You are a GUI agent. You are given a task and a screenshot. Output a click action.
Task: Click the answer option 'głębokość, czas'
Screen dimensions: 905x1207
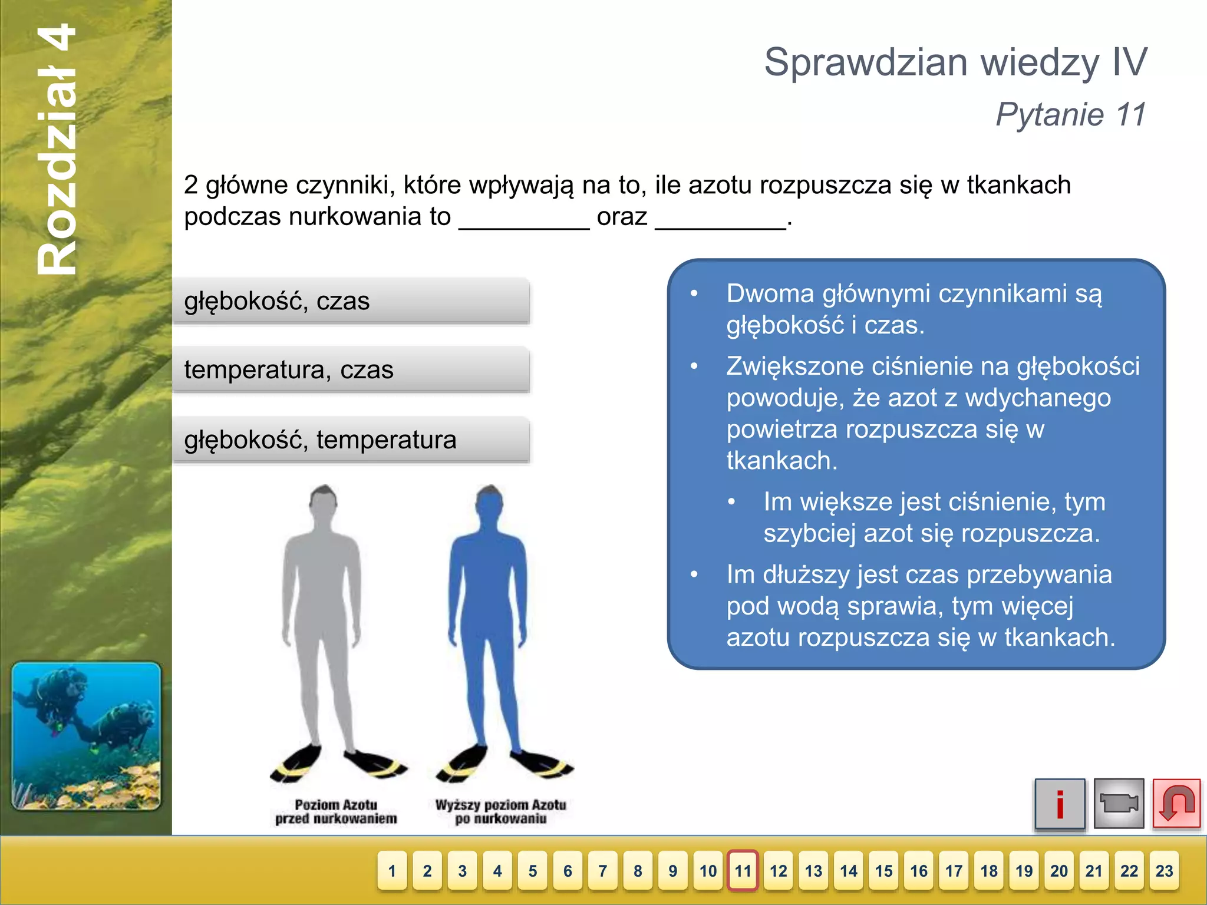pos(351,301)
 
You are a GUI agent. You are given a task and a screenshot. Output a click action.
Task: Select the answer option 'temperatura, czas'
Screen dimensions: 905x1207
pos(351,370)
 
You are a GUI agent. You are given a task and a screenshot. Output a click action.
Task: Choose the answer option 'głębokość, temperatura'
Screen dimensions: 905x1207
pos(351,440)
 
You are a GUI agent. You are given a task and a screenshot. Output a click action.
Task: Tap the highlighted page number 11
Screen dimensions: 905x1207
pos(743,871)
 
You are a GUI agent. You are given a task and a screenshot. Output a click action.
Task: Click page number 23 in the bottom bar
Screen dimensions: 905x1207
pos(1164,871)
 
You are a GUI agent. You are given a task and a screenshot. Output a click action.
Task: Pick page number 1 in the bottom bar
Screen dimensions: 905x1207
pos(393,871)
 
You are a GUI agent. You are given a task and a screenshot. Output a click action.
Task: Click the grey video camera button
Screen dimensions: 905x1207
pos(1118,804)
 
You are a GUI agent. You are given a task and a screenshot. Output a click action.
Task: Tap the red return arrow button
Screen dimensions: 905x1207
pos(1176,804)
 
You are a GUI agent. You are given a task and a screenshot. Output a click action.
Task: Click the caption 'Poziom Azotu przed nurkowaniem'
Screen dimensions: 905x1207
pos(336,812)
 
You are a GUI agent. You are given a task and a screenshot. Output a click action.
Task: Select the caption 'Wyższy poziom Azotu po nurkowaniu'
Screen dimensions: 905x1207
pos(500,812)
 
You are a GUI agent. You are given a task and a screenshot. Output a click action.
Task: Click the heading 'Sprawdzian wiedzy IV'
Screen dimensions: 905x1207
pos(955,62)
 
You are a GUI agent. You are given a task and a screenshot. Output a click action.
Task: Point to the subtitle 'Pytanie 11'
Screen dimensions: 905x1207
pos(1070,114)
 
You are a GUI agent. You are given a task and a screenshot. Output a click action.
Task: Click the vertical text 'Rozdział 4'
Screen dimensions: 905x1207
pos(57,150)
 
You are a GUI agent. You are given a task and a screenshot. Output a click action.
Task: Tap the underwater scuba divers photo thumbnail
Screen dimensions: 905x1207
pos(86,736)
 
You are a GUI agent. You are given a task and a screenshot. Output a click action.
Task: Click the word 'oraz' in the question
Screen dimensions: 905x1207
pos(622,217)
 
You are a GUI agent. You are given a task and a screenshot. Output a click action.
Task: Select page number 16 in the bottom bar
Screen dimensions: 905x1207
pos(918,871)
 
